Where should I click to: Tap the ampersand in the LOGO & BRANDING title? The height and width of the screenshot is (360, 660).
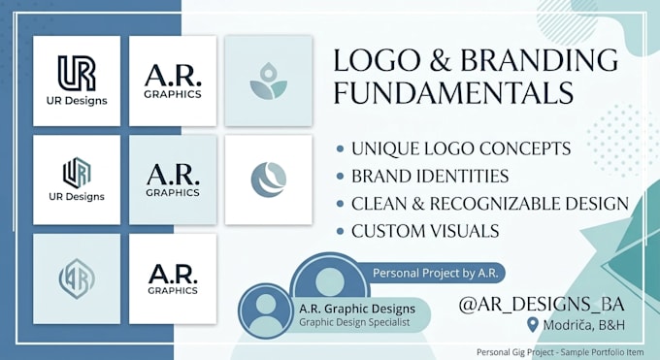point(441,60)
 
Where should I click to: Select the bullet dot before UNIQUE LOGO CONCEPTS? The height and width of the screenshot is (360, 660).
point(340,149)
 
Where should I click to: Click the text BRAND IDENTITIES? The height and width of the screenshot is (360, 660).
point(430,176)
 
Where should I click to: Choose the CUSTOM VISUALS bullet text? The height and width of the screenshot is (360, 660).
point(425,231)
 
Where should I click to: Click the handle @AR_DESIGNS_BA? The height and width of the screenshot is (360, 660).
point(542,305)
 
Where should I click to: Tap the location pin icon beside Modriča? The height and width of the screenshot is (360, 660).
point(533,325)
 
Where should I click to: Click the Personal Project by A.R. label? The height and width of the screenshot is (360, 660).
point(436,274)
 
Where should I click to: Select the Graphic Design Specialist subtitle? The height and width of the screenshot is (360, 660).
point(354,322)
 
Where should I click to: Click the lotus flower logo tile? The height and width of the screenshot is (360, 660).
point(269,81)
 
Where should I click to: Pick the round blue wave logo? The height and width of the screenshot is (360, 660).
point(269,180)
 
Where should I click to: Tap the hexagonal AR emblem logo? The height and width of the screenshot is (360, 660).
point(77,278)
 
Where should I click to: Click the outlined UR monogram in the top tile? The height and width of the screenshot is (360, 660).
point(77,74)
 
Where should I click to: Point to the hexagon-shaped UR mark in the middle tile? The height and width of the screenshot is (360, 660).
point(77,172)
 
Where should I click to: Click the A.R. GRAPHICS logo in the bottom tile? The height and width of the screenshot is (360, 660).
point(173,278)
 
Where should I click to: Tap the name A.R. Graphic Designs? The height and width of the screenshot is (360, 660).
point(357,309)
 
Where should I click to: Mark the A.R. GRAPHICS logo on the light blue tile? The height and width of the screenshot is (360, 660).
point(173,180)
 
